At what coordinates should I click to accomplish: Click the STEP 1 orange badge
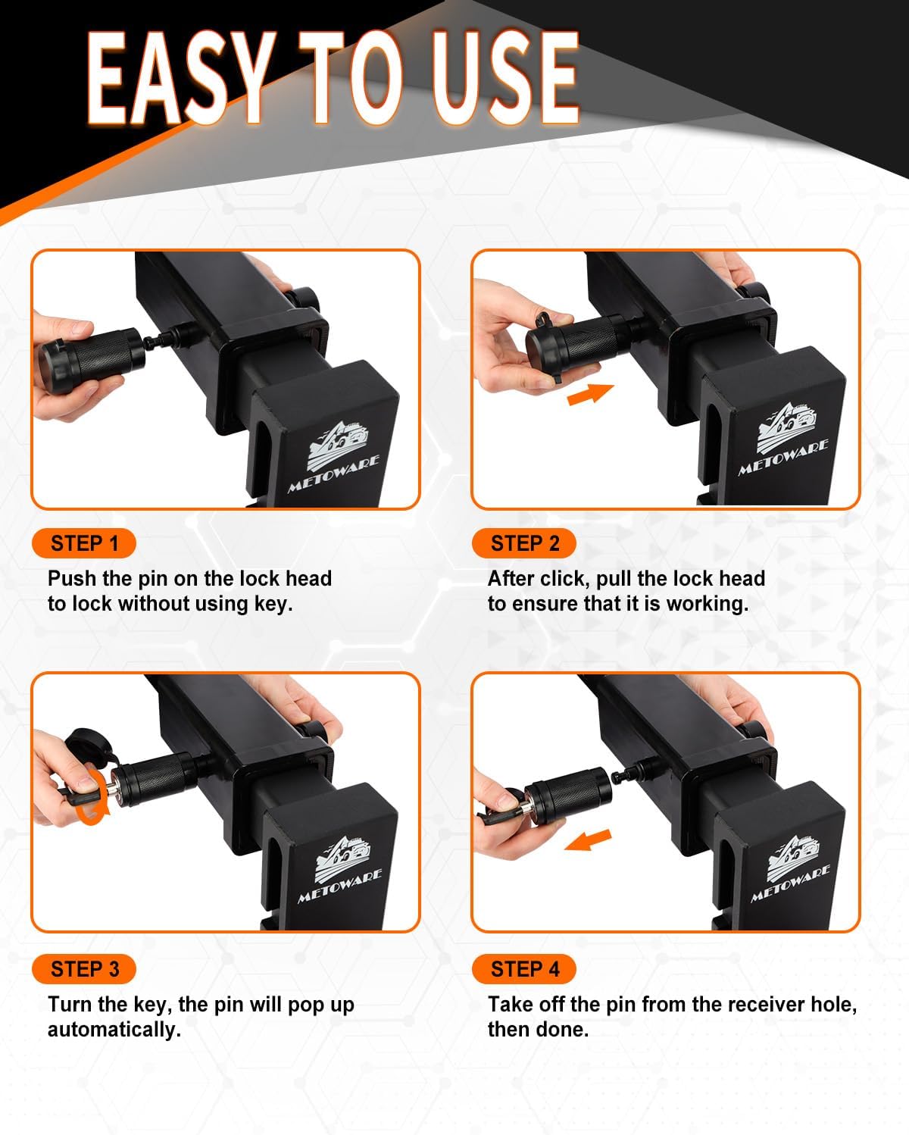(x=84, y=543)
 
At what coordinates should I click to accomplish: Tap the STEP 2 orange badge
(x=524, y=543)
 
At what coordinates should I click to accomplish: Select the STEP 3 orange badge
(x=84, y=969)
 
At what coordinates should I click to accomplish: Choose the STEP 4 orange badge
(x=524, y=969)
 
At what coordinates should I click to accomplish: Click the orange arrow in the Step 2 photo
(x=590, y=395)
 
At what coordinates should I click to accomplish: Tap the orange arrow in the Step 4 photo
(x=588, y=840)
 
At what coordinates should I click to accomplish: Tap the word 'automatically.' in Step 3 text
(x=114, y=1030)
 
